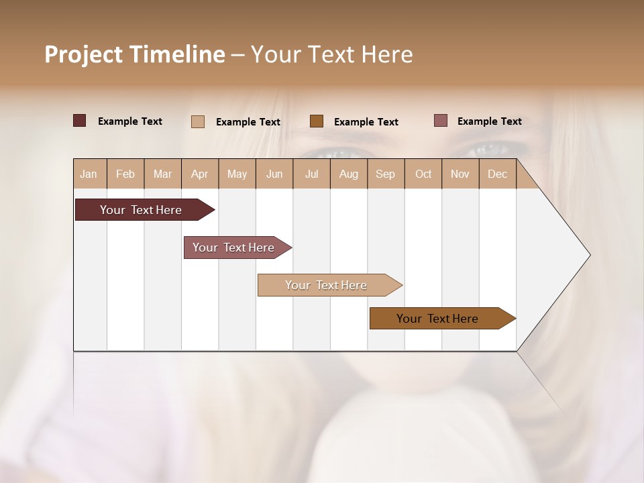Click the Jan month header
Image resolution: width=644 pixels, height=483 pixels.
tap(89, 174)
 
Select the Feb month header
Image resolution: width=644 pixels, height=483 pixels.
tap(125, 174)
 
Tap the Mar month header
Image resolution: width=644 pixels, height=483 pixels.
tap(162, 174)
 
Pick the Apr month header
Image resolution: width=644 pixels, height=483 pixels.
tap(200, 174)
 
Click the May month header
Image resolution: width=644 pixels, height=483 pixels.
tap(237, 174)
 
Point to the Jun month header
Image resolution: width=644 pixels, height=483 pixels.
tap(274, 174)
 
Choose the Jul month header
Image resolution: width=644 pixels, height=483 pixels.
tap(311, 174)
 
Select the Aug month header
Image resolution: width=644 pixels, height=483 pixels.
tap(349, 174)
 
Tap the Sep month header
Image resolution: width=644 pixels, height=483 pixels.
tap(386, 174)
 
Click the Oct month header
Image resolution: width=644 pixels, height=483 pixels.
tap(423, 174)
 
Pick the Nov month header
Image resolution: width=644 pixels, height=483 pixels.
tap(460, 174)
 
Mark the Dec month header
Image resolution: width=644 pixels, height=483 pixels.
tap(498, 174)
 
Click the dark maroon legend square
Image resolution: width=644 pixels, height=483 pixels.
tap(80, 121)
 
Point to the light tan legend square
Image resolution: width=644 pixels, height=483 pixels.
tap(198, 121)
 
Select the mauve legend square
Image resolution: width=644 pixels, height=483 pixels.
tap(440, 121)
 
